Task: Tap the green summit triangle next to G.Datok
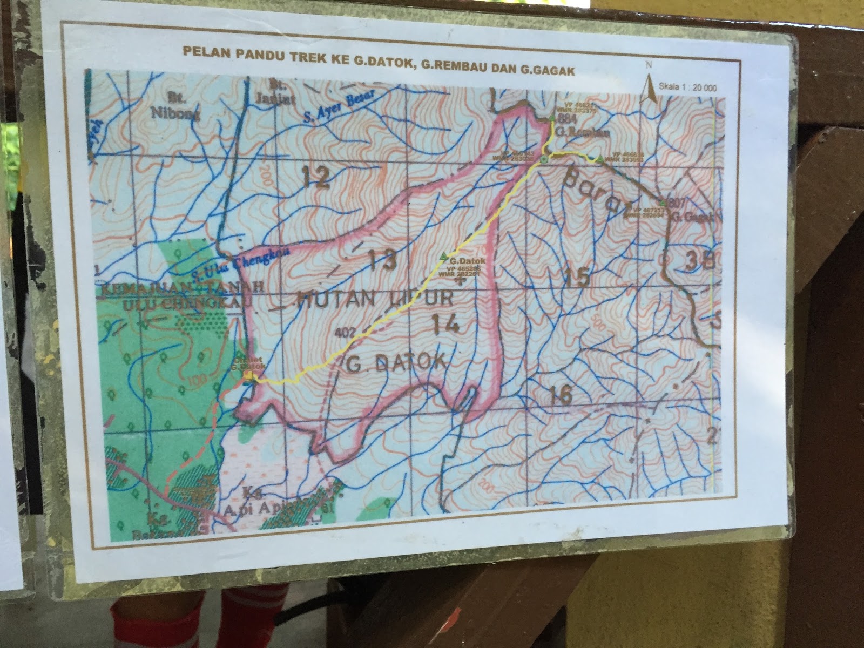[x=444, y=255]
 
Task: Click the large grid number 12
[x=316, y=177]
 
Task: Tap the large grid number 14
[x=446, y=324]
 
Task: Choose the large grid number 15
[x=576, y=277]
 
